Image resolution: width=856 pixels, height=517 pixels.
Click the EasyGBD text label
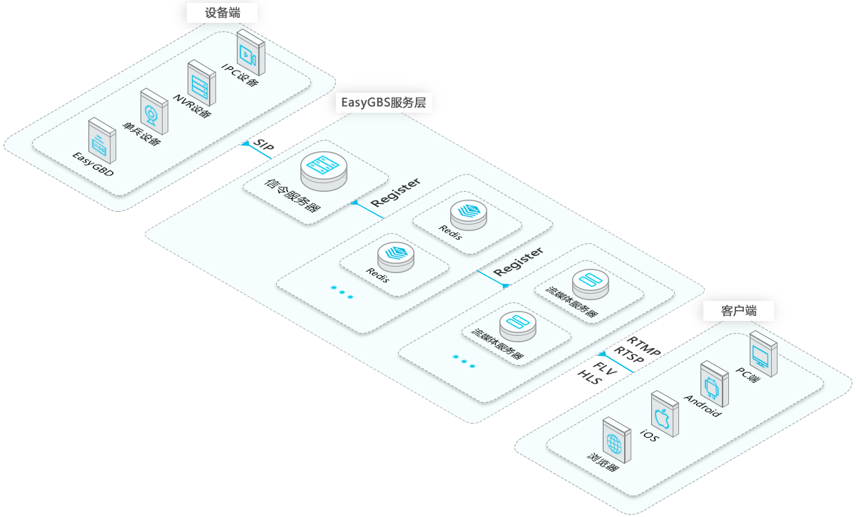point(93,165)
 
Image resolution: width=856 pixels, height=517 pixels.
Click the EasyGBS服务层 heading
point(383,102)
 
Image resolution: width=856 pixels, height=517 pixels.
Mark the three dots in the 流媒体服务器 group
point(463,362)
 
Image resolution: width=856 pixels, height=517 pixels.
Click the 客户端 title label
point(738,311)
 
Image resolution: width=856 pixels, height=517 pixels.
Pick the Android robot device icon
point(713,385)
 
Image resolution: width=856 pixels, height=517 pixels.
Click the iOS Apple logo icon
point(663,415)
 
